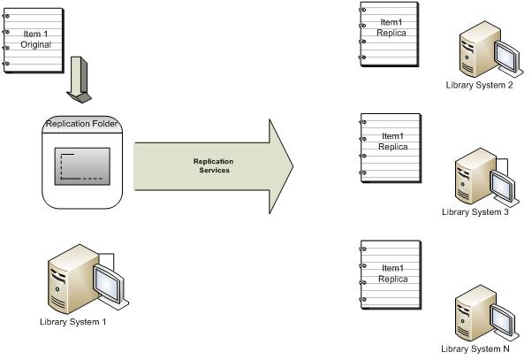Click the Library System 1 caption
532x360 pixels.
click(72, 322)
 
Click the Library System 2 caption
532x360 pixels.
click(481, 86)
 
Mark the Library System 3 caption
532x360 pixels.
click(475, 212)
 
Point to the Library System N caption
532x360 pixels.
click(475, 349)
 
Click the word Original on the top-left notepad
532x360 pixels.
click(37, 44)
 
